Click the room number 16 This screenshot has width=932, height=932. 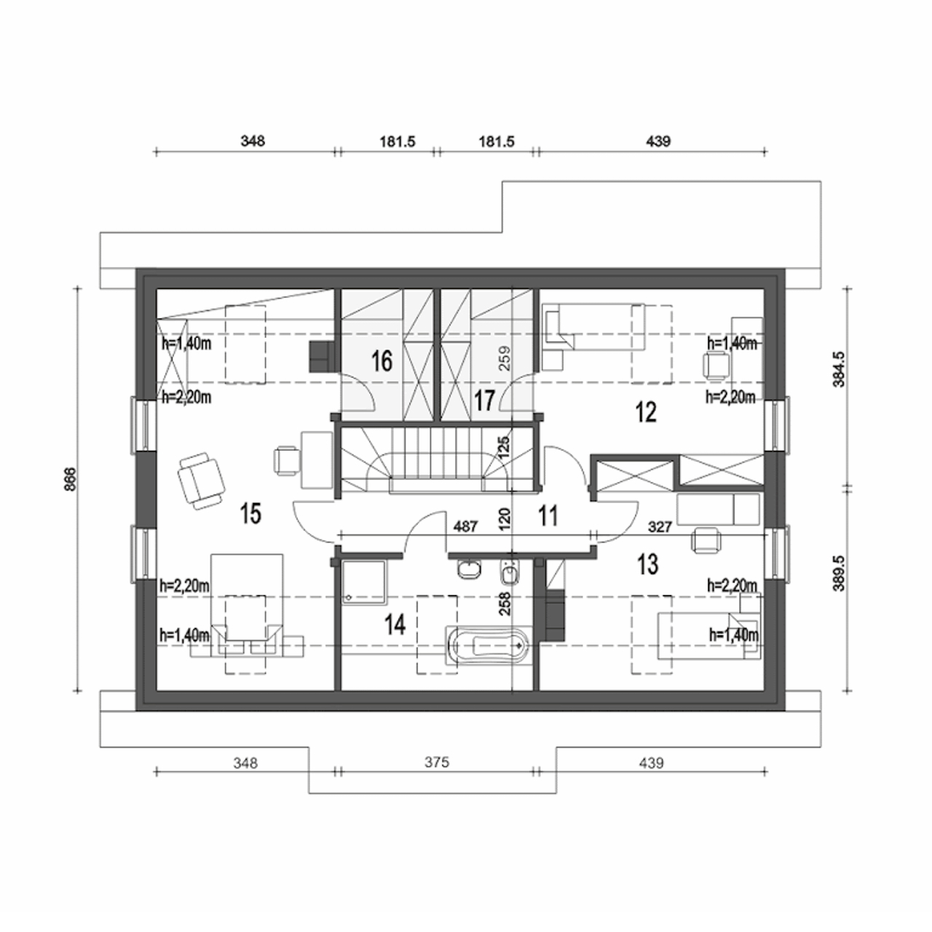pyautogui.click(x=382, y=361)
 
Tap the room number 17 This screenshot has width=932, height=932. pyautogui.click(x=484, y=400)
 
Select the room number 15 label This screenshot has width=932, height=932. pyautogui.click(x=250, y=513)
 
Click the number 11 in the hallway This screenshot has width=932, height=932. pyautogui.click(x=548, y=516)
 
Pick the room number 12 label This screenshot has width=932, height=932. pyautogui.click(x=646, y=413)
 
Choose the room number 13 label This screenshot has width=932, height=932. pyautogui.click(x=647, y=564)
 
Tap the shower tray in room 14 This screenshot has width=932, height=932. pyautogui.click(x=364, y=582)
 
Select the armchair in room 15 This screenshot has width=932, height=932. pyautogui.click(x=201, y=481)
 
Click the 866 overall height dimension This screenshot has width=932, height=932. pyautogui.click(x=71, y=479)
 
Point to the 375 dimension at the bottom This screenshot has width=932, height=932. pyautogui.click(x=437, y=762)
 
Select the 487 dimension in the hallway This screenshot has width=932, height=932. pyautogui.click(x=466, y=526)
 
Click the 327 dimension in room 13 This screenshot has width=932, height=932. pyautogui.click(x=660, y=526)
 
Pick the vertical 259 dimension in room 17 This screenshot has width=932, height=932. pyautogui.click(x=504, y=358)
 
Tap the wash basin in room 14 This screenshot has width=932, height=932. pyautogui.click(x=469, y=570)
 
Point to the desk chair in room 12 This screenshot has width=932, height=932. pyautogui.click(x=715, y=366)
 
